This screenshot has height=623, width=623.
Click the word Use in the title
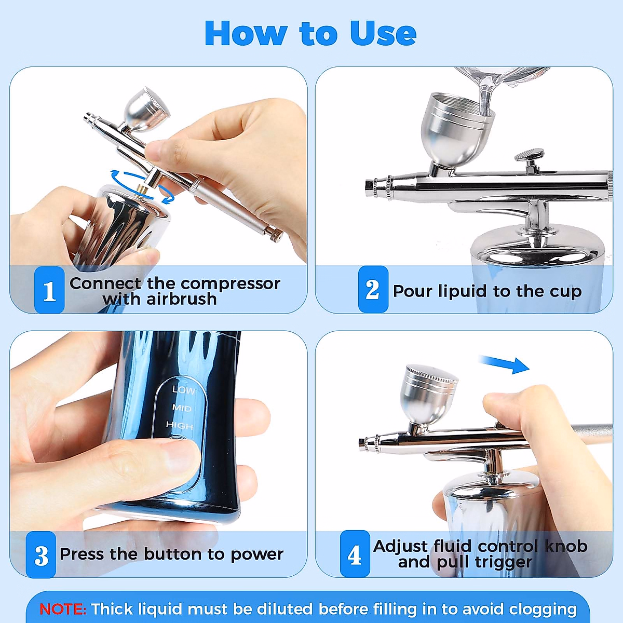[x=384, y=33]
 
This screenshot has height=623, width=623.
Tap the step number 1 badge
[x=49, y=290]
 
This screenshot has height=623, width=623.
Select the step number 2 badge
[x=373, y=289]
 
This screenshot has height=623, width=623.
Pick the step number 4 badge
[x=355, y=553]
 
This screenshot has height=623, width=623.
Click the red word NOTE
[x=63, y=609]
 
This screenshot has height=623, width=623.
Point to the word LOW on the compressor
[x=184, y=390]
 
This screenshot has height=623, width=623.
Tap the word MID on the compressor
[x=182, y=408]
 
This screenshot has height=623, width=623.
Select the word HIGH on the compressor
[x=180, y=426]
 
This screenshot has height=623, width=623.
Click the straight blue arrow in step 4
[x=504, y=365]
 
